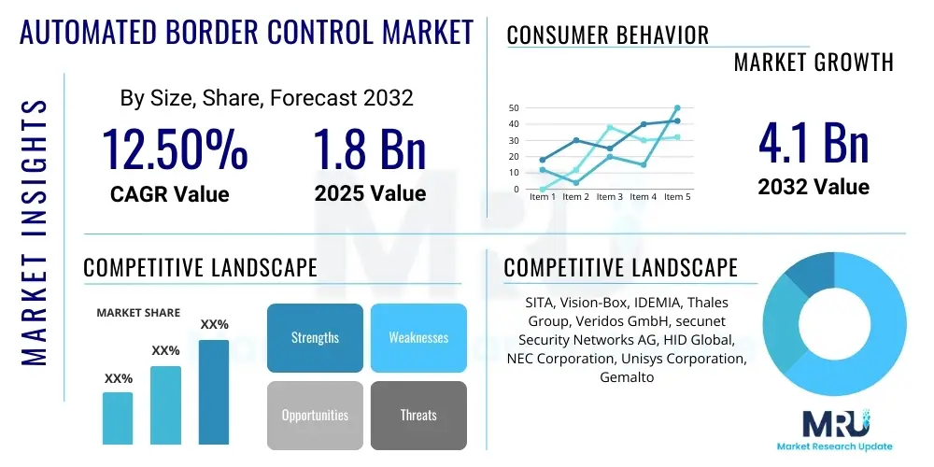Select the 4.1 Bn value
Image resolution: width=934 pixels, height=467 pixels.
pos(814,144)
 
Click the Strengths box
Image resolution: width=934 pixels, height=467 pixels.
pos(315,338)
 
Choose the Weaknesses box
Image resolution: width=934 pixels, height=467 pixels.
pos(418,338)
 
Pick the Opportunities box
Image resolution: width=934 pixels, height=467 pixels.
pos(315,415)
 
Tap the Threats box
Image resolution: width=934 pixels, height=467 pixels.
pos(418,415)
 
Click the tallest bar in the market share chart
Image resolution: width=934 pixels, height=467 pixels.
pos(214,391)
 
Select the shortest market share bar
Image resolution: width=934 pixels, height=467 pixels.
pos(118,417)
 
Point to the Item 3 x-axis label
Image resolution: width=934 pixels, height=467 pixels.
pos(609,197)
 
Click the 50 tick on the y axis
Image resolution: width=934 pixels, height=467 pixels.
pos(514,108)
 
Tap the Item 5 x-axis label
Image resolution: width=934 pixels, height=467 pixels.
pos(676,197)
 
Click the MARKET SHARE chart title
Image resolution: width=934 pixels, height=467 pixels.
pos(138,313)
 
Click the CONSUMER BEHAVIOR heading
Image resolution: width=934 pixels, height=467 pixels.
pos(608,35)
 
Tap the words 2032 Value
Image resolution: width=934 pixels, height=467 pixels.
pos(814,187)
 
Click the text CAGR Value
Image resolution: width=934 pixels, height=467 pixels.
pos(169,194)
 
